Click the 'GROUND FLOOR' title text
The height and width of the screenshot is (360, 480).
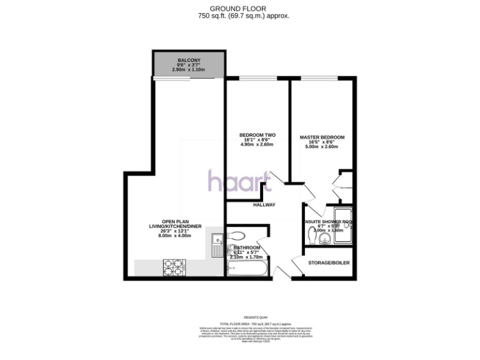pyautogui.click(x=241, y=8)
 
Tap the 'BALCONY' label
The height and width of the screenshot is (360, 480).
pyautogui.click(x=188, y=60)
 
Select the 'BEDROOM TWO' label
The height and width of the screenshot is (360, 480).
pyautogui.click(x=257, y=136)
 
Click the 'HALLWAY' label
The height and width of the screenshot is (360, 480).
pyautogui.click(x=264, y=204)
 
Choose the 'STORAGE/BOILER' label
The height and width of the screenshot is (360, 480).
pyautogui.click(x=329, y=262)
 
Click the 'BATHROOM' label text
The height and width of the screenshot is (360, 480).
pyautogui.click(x=248, y=247)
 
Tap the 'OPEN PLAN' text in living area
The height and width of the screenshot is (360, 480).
pyautogui.click(x=175, y=221)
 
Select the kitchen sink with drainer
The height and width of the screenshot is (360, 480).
pyautogui.click(x=216, y=244)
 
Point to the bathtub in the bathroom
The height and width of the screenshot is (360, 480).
pyautogui.click(x=248, y=269)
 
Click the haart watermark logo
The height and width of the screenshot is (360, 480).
pyautogui.click(x=239, y=182)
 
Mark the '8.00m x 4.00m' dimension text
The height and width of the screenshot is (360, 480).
pyautogui.click(x=175, y=236)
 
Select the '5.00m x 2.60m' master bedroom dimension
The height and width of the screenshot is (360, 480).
pyautogui.click(x=322, y=147)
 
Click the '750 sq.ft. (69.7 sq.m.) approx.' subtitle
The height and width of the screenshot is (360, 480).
pyautogui.click(x=241, y=16)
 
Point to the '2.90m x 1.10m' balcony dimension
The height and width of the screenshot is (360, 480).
pyautogui.click(x=188, y=69)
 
